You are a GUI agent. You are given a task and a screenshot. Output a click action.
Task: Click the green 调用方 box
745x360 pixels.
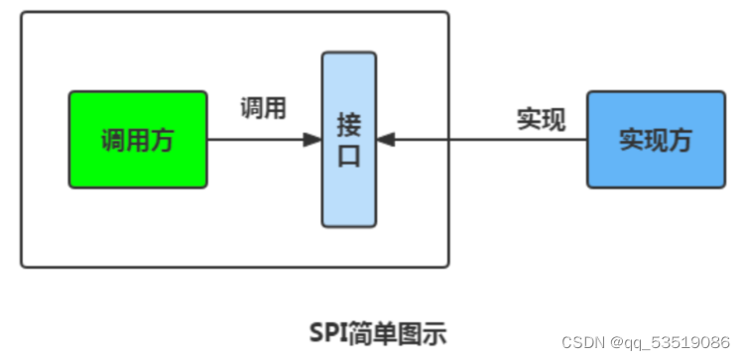click(x=138, y=140)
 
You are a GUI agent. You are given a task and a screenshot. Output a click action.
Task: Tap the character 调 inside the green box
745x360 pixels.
click(x=113, y=141)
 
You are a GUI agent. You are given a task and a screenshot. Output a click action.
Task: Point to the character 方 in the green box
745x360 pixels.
click(x=162, y=141)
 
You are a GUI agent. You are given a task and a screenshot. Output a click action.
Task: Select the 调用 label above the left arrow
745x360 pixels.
click(x=263, y=108)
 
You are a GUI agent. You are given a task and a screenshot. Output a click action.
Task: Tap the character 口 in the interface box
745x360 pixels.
click(x=348, y=157)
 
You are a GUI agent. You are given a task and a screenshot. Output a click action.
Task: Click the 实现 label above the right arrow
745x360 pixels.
click(x=541, y=119)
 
